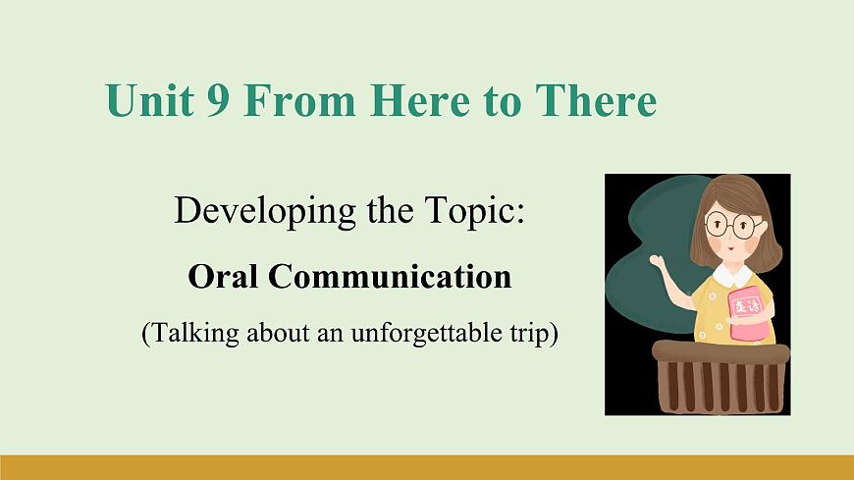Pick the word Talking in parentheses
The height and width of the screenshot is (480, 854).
pyautogui.click(x=194, y=333)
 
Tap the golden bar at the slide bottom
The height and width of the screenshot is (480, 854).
pyautogui.click(x=427, y=467)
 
